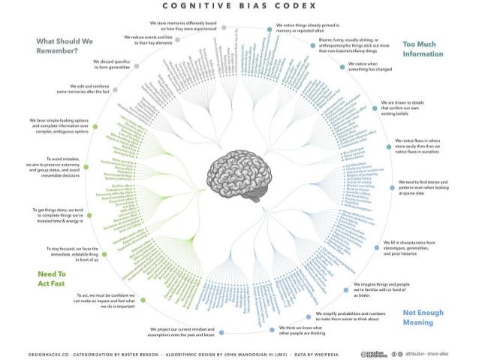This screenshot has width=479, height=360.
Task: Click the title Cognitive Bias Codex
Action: [x=239, y=10]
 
